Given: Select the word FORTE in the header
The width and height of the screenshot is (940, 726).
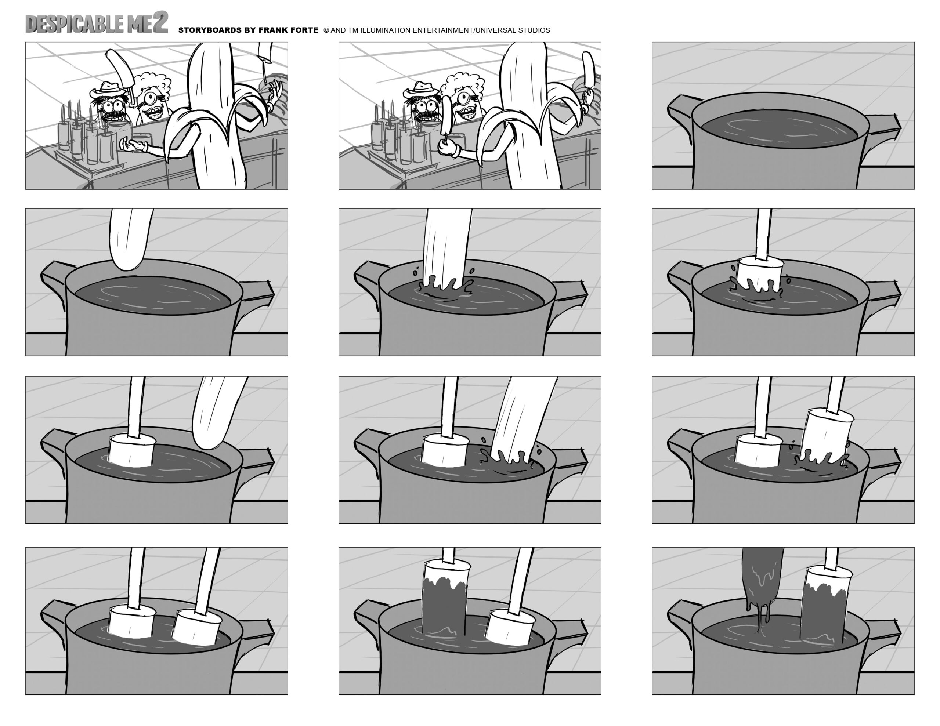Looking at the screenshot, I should click(304, 30).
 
